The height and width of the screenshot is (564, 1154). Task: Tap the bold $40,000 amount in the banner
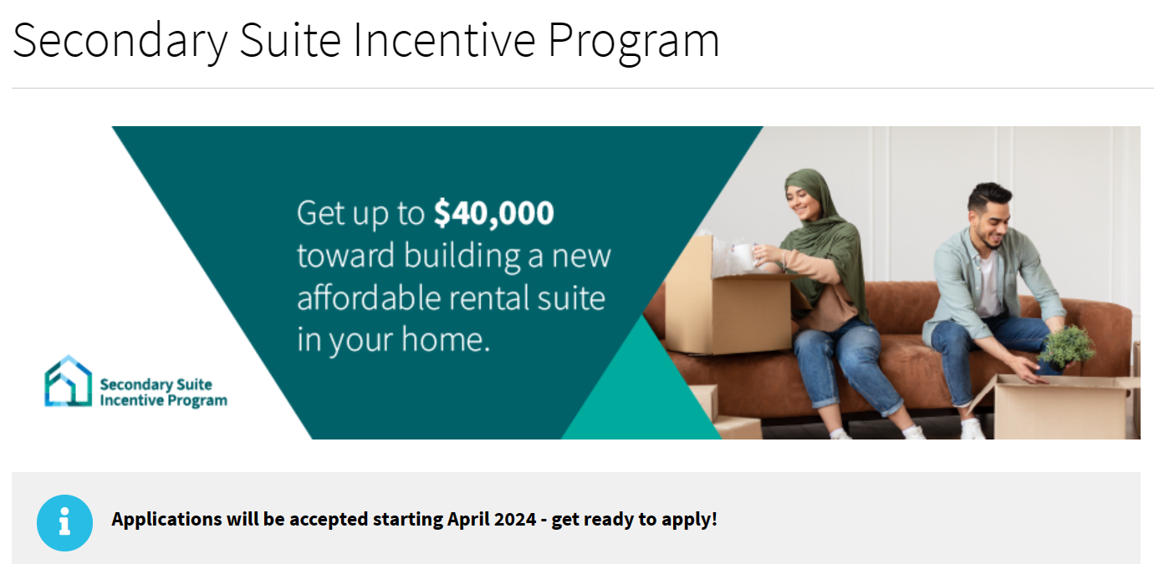tap(493, 214)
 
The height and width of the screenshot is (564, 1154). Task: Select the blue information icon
tap(65, 523)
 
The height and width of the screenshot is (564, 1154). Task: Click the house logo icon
tap(68, 381)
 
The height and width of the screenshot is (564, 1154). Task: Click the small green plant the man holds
tap(1066, 348)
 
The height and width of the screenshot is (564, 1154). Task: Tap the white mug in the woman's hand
tap(743, 255)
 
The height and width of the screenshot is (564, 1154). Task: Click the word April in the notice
tap(466, 520)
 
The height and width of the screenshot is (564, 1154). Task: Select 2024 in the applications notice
tap(514, 520)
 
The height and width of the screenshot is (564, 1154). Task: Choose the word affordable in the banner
tap(368, 298)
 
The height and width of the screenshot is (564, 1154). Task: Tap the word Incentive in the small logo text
tap(130, 400)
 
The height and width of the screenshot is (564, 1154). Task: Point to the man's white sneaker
tap(973, 429)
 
